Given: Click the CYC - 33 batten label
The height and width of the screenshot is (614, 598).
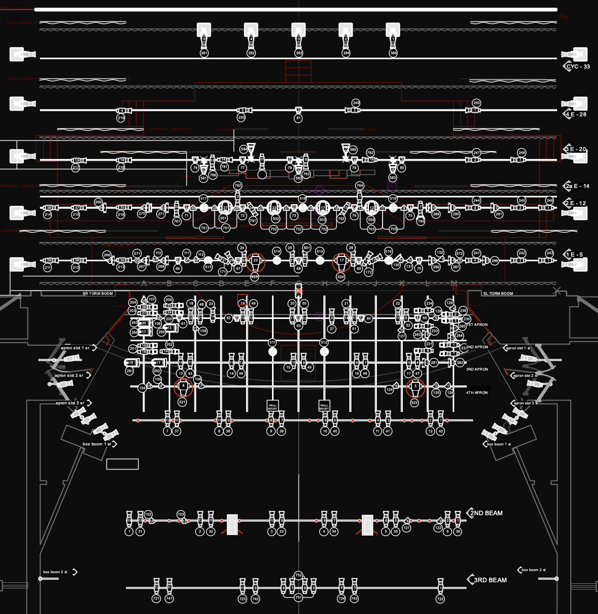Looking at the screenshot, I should coord(578,66).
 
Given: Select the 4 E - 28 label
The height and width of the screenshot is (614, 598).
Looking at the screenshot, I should coord(576,114).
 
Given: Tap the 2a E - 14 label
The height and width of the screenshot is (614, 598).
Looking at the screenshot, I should coord(577,186).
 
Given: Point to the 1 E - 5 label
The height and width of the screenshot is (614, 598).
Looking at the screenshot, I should coord(574,255).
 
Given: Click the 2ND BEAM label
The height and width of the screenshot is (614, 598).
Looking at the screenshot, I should coord(486,513).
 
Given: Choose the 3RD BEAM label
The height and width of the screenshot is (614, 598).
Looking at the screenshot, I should coord(490,580).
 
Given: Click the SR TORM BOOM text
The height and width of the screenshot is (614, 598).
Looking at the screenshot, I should coord(98,293).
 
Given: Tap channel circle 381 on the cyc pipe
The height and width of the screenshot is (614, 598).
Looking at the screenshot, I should coord(204,53).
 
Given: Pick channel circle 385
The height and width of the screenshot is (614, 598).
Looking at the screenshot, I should coord(393,53).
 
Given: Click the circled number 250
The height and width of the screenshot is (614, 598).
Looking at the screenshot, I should coord(477,103).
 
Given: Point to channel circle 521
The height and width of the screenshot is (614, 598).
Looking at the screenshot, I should coord(182,402).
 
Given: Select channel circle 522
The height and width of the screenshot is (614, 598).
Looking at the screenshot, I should coord(414,403).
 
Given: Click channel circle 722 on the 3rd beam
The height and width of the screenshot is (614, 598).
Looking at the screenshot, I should coord(440,599).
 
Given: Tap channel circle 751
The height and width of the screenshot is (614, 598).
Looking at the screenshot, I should coord(298,598).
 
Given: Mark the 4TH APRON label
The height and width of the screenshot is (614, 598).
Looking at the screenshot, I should coord(477,393).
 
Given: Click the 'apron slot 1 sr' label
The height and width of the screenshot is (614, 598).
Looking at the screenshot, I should coord(75,348).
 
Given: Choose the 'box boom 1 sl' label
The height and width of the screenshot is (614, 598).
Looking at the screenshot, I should coord(498,444).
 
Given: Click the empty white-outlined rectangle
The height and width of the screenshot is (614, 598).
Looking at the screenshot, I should coord(123,464).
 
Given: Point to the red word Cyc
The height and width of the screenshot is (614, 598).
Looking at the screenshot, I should coord(564,17).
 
